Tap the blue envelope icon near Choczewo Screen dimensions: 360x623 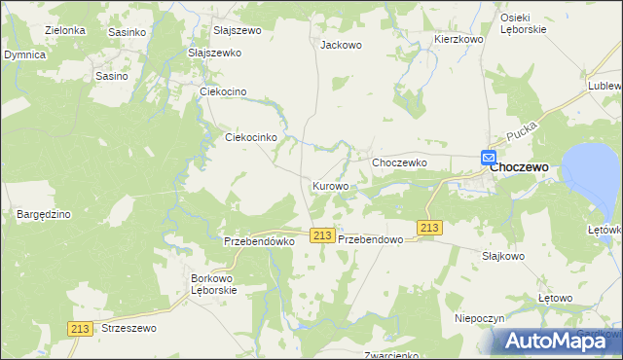tap(489, 158)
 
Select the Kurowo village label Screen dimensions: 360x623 tap(330, 186)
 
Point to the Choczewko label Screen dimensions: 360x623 tap(400, 162)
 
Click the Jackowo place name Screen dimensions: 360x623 tap(341, 45)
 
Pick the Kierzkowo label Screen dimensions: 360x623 tap(458, 39)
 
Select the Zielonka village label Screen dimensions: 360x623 tap(65, 31)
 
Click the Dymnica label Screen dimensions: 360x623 tap(24, 55)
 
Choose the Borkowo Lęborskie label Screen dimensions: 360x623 tap(213, 284)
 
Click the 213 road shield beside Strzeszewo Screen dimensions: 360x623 tap(82, 330)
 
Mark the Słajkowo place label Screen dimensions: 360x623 tap(502, 257)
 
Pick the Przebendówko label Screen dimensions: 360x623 tap(259, 241)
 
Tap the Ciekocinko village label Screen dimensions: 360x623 tap(252, 138)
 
